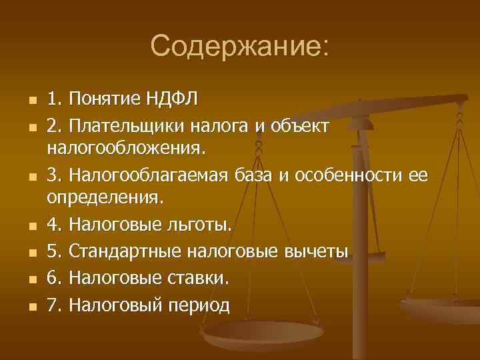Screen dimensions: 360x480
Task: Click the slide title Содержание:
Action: click(239, 47)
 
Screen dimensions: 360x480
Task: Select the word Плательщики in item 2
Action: click(127, 125)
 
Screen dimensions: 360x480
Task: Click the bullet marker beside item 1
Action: click(23, 101)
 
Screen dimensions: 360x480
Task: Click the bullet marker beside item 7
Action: click(23, 307)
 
